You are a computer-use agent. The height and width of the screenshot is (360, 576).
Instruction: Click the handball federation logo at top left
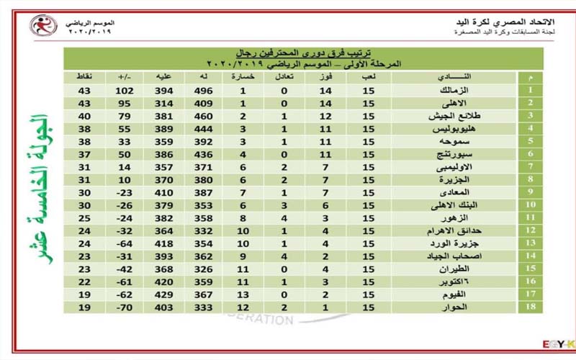point(43,27)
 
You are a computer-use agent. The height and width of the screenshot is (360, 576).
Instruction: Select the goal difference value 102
point(125,91)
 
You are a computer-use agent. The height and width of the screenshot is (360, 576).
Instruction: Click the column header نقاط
point(84,76)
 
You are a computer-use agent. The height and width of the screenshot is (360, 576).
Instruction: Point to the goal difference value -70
point(125,307)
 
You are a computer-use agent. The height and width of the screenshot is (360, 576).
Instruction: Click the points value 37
point(84,155)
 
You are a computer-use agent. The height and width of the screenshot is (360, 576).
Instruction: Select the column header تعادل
point(284,76)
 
